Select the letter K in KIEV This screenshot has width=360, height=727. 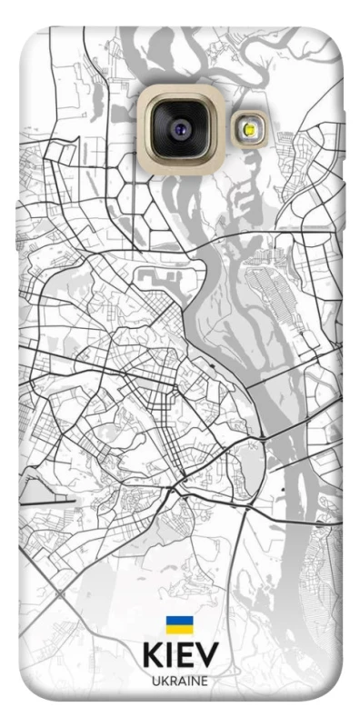[151, 656]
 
